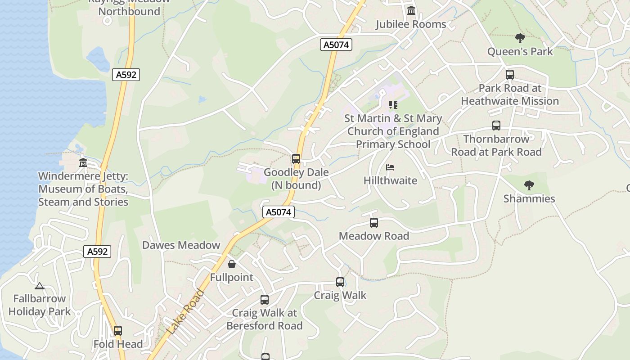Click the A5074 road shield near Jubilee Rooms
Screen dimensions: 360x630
pos(336,45)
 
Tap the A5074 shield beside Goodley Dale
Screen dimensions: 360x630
pos(279,212)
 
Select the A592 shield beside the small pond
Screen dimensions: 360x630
pos(126,75)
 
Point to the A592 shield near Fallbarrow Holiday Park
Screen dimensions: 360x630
pos(97,252)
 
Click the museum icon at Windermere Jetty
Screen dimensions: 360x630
pos(83,162)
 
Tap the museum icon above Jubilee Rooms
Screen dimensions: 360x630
pos(411,10)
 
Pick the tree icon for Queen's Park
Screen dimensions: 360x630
pos(520,38)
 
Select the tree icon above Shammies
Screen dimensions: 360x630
pos(529,185)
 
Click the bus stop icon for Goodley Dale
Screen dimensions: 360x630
pos(296,158)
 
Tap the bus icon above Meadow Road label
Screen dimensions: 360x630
pos(374,222)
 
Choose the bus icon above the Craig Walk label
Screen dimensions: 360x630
pos(340,282)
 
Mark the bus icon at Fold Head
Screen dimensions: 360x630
pos(118,331)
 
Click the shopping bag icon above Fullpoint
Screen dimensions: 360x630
pos(232,264)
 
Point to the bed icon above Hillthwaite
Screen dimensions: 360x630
pos(390,167)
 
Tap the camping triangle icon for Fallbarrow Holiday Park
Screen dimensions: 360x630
pos(40,285)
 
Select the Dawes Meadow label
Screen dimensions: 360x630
pos(181,245)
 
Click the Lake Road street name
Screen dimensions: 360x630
pos(185,312)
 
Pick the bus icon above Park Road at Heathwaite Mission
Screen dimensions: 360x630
pos(510,75)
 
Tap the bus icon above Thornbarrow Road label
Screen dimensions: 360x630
pos(496,126)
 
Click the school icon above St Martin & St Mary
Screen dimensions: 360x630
pos(393,105)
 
